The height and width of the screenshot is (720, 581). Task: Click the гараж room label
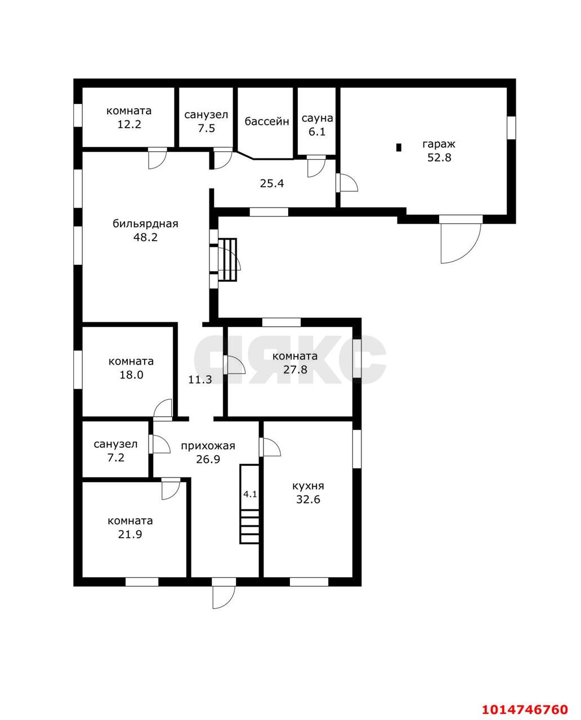(439, 144)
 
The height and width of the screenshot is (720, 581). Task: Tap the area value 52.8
(439, 157)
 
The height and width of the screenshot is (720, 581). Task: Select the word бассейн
(266, 121)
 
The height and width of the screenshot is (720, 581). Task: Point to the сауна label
(317, 118)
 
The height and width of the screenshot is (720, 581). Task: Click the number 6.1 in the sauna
(317, 132)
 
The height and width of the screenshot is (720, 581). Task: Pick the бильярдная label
(145, 223)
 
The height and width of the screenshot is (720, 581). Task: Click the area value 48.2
(145, 237)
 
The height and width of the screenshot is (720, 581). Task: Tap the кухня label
(308, 485)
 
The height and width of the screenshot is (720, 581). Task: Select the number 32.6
(308, 499)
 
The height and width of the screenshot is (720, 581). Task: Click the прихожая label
(208, 445)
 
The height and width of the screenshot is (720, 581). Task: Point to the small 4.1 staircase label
(250, 494)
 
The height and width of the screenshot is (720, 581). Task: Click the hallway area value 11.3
(200, 379)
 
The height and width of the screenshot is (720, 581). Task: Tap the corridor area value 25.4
(272, 183)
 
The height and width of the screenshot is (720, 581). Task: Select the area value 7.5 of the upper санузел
(206, 128)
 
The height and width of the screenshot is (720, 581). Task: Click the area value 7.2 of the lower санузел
(115, 457)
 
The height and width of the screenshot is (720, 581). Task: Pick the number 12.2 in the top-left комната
(129, 124)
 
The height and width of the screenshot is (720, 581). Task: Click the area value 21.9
(130, 534)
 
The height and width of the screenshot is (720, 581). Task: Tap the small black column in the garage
(399, 147)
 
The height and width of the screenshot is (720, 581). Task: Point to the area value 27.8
(296, 370)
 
